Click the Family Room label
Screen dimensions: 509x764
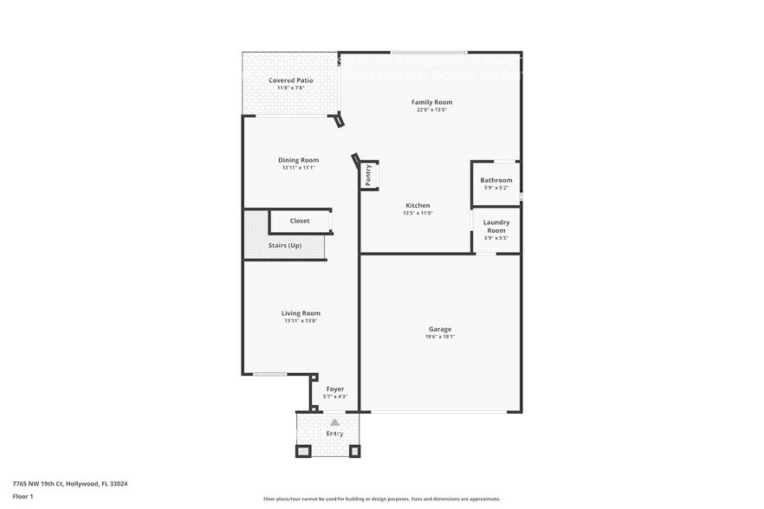[431, 102]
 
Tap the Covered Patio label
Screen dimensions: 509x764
[290, 81]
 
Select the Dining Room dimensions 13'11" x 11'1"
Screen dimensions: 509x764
[298, 168]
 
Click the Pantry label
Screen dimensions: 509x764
[368, 175]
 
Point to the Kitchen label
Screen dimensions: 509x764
[418, 205]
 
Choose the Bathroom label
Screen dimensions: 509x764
[496, 180]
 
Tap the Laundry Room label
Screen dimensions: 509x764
[496, 226]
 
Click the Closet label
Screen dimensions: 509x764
[300, 221]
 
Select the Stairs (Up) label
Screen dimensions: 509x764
[284, 246]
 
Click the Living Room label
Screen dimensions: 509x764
[301, 313]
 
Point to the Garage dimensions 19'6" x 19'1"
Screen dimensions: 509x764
[440, 337]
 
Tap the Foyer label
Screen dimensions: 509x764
[335, 390]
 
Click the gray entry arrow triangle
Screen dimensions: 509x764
[335, 422]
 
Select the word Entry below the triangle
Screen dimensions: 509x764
[335, 434]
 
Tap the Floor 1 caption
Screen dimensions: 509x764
[23, 496]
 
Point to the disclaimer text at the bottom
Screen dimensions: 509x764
[381, 499]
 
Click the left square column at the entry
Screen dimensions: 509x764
[303, 451]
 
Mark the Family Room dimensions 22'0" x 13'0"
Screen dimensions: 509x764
[431, 110]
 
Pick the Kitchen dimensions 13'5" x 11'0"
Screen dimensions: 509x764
[418, 213]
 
